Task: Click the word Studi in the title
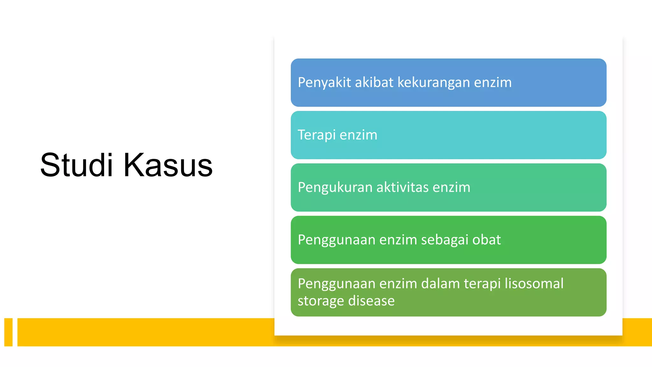(x=76, y=165)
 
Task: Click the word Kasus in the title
(x=168, y=165)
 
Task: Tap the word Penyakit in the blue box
(x=324, y=83)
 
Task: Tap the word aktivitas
(x=402, y=187)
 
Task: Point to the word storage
(x=320, y=301)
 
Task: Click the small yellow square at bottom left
(x=8, y=332)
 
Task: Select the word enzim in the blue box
(x=493, y=83)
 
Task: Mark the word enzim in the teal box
(x=358, y=135)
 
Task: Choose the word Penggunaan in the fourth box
(x=337, y=240)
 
